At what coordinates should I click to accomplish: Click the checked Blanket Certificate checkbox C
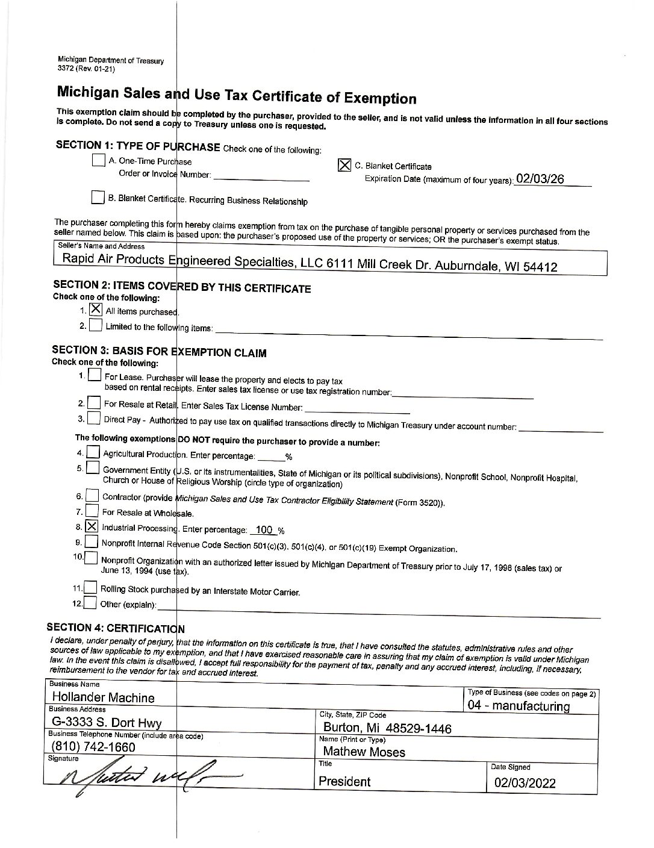pos(344,165)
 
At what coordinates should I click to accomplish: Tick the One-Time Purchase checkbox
pos(98,160)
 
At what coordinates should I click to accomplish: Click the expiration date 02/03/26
pos(540,179)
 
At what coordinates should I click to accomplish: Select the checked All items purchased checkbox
pos(96,310)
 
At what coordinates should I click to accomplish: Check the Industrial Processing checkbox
pos(92,526)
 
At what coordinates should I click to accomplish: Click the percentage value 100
pos(264,530)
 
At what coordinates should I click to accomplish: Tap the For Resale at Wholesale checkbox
pos(92,512)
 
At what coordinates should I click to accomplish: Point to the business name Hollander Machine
pos(103,697)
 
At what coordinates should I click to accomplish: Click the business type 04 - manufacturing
pos(519,706)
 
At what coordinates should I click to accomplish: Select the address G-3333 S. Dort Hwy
pos(106,723)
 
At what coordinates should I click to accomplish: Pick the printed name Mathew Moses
pos(364,752)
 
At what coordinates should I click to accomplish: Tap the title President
pos(344,782)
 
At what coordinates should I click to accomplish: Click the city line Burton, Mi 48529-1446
pos(387,728)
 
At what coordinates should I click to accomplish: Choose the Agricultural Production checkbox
pos(93,452)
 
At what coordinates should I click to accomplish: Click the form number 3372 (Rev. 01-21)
pos(86,69)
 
